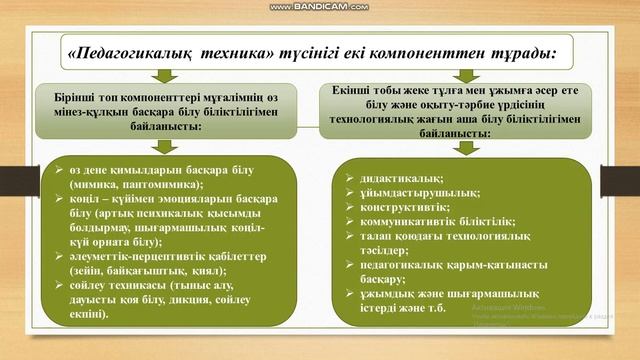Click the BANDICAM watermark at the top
point(319,7)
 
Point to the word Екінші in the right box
point(353,88)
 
